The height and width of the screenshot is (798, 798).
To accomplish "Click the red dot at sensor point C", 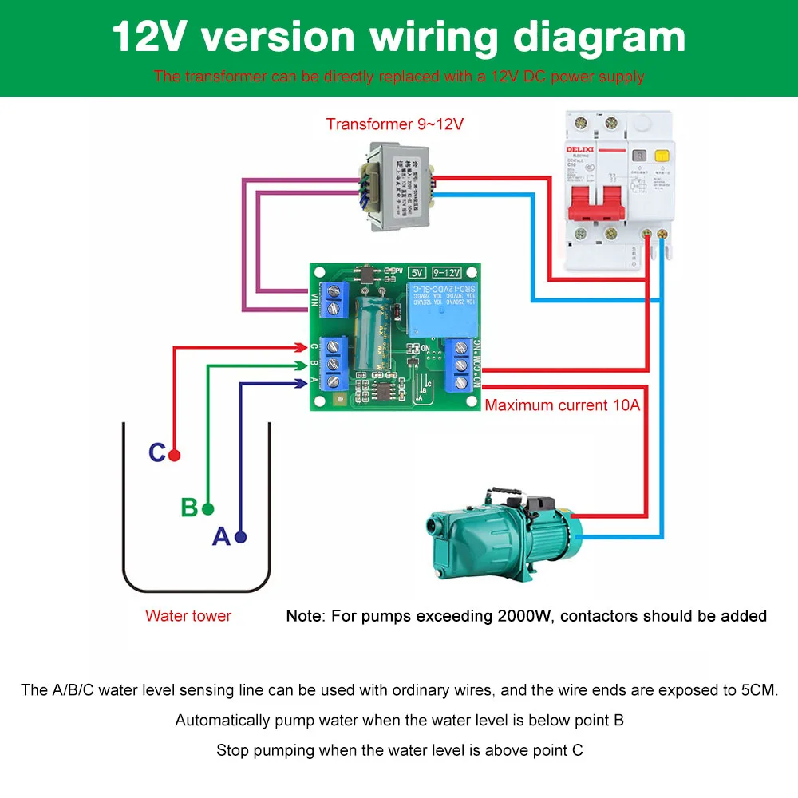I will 174,455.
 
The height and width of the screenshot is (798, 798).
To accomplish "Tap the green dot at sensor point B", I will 208,508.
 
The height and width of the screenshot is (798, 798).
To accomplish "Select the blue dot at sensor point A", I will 240,537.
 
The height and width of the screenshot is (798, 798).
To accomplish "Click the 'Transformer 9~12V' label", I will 394,124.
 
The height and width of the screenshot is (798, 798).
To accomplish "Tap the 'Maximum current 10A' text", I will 563,405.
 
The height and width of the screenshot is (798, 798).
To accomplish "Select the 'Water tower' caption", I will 188,616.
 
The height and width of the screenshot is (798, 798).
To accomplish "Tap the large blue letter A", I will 221,537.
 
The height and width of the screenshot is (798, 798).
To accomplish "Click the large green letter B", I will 189,508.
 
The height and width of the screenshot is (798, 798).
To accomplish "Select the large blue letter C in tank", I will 157,453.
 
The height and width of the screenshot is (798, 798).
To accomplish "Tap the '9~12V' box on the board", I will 447,273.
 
